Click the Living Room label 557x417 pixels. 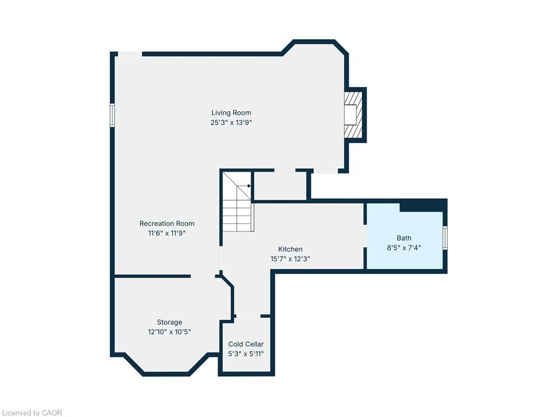point(231,113)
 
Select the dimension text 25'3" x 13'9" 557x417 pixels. point(231,123)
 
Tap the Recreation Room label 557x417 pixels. point(167,223)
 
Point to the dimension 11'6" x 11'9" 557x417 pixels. point(167,233)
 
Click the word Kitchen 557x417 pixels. point(290,249)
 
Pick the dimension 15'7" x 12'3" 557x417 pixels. point(290,259)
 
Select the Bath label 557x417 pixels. point(404,238)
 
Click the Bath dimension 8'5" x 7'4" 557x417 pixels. point(404,248)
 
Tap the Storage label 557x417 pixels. point(170,322)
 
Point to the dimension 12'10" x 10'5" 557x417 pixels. point(170,332)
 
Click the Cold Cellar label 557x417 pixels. point(246,344)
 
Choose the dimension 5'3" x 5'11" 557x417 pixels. point(246,354)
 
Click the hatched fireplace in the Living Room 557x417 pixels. point(353,115)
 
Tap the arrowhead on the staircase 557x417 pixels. point(249,186)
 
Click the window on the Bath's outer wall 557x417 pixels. point(445,238)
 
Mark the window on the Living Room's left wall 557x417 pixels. point(112,115)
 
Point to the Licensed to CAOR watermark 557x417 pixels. point(31,413)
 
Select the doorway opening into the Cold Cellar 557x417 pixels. point(248,316)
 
